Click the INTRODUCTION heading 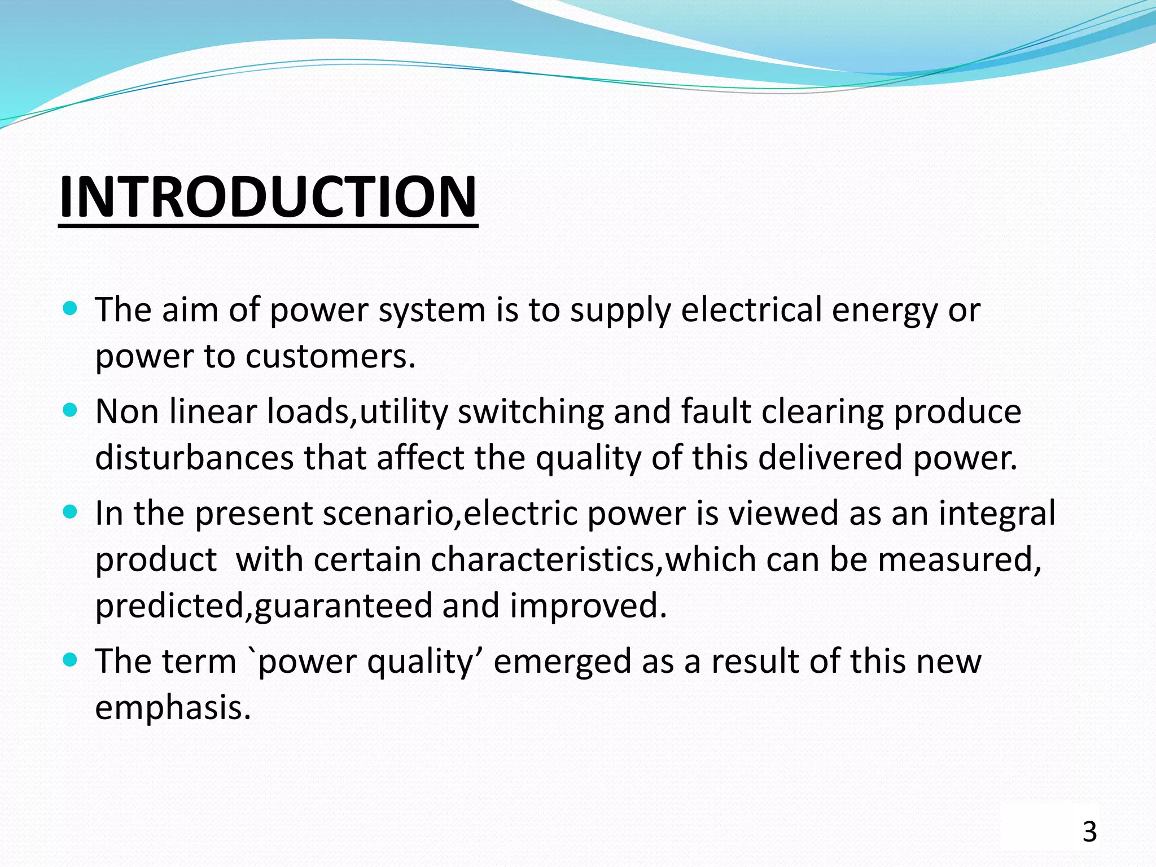pos(268,196)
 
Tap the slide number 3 pos(1089,832)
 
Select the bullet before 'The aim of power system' pos(70,309)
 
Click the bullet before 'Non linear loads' pos(70,410)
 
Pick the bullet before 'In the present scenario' pos(70,512)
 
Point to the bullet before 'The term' pos(70,659)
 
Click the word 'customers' pos(330,356)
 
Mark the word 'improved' pos(588,605)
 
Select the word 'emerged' pos(562,662)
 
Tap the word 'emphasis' pos(172,707)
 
